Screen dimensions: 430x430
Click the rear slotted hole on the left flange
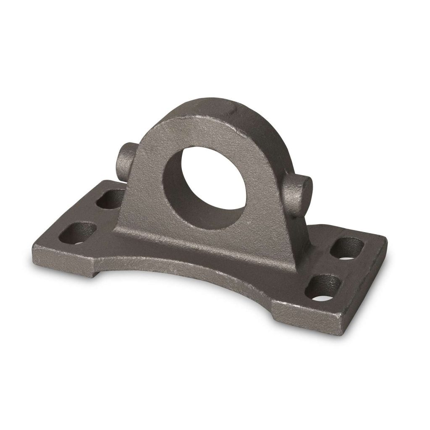tap(110, 198)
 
